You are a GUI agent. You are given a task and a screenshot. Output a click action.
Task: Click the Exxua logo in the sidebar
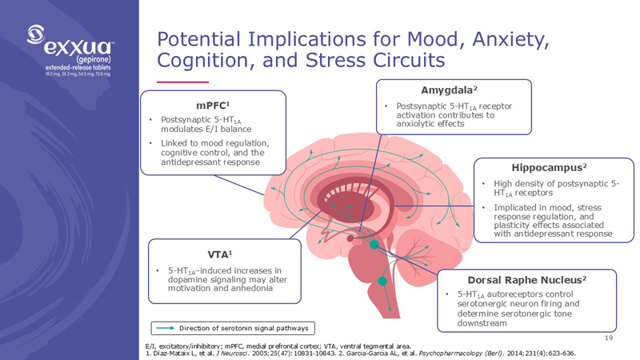(70, 48)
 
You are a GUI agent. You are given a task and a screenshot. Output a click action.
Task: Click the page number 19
(610, 340)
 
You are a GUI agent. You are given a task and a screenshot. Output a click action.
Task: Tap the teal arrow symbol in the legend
(166, 328)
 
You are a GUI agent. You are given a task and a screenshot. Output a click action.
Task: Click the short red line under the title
(182, 82)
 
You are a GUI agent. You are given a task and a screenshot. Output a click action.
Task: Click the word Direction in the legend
(196, 328)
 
